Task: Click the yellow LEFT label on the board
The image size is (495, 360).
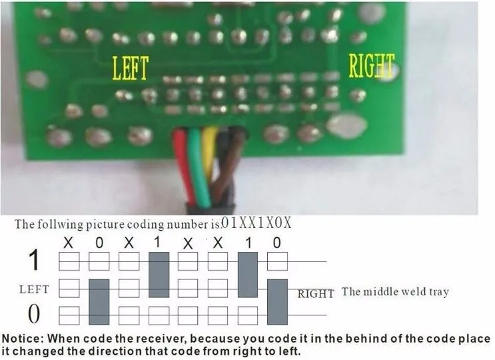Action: click(x=131, y=68)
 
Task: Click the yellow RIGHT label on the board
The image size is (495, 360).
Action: click(x=372, y=67)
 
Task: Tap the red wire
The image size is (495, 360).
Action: click(x=185, y=167)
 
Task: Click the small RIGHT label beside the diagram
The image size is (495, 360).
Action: click(x=316, y=293)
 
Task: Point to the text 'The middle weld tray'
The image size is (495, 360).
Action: click(x=395, y=291)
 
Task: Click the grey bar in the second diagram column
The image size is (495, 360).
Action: click(x=99, y=301)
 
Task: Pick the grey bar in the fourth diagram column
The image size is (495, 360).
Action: click(x=158, y=275)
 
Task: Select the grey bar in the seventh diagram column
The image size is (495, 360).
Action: click(x=247, y=275)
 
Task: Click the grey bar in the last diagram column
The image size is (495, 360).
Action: click(x=277, y=301)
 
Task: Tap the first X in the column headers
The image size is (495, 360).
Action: click(x=68, y=243)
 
